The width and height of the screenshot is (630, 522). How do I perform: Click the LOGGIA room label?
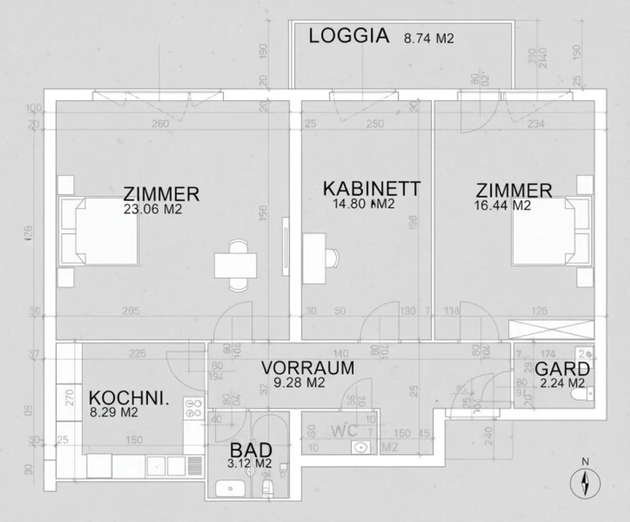point(349,36)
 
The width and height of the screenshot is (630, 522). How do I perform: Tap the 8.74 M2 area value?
point(429,39)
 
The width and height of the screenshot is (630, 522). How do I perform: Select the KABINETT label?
point(372,189)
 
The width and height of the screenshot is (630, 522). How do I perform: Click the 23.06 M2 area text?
point(153,209)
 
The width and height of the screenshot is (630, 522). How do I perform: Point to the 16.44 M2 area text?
point(502,205)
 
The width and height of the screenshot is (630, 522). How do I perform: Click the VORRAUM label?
point(308,368)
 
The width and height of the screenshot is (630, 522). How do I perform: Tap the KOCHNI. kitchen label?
point(129,398)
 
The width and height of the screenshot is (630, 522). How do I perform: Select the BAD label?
point(251,450)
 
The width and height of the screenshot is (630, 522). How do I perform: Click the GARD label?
point(562,369)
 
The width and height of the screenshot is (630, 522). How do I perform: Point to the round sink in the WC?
point(361,447)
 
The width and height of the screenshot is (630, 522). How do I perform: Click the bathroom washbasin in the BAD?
point(230,488)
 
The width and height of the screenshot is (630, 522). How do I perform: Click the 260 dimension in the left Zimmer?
point(160,123)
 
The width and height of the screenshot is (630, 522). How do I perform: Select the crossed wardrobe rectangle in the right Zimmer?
point(551,329)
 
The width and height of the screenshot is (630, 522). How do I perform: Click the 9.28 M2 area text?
point(299,383)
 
